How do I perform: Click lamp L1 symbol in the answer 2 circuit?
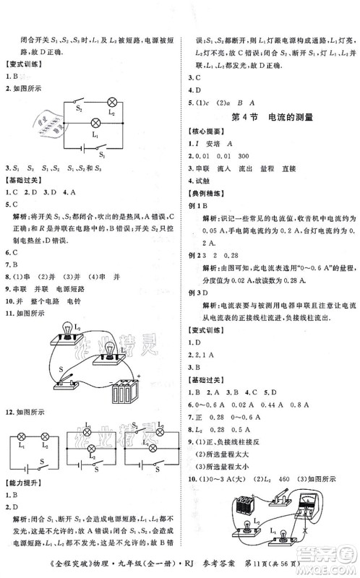click(x=95, y=124)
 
